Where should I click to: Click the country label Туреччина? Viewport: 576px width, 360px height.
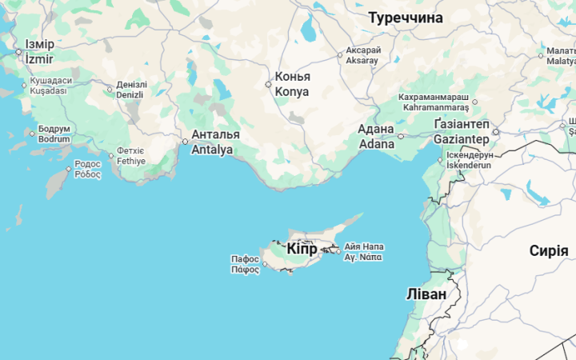pyautogui.click(x=405, y=17)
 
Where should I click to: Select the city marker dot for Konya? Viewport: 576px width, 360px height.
pyautogui.click(x=269, y=84)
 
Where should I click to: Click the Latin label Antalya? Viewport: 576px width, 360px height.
pyautogui.click(x=212, y=150)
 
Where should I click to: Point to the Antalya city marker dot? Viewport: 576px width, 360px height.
pyautogui.click(x=186, y=142)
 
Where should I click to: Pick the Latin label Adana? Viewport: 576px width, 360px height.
pyautogui.click(x=376, y=144)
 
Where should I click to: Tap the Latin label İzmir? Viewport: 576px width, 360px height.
pyautogui.click(x=38, y=59)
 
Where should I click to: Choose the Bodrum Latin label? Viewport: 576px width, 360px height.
pyautogui.click(x=54, y=138)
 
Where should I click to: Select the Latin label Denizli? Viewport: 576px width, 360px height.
pyautogui.click(x=130, y=94)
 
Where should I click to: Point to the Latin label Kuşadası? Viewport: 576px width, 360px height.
pyautogui.click(x=48, y=90)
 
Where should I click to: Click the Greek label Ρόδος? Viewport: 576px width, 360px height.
pyautogui.click(x=88, y=174)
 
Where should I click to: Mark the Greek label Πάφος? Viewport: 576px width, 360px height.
pyautogui.click(x=245, y=270)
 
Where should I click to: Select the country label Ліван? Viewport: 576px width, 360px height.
pyautogui.click(x=426, y=294)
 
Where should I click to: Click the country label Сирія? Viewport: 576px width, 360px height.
pyautogui.click(x=549, y=250)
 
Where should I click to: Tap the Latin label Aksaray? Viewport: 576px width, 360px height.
pyautogui.click(x=363, y=61)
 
